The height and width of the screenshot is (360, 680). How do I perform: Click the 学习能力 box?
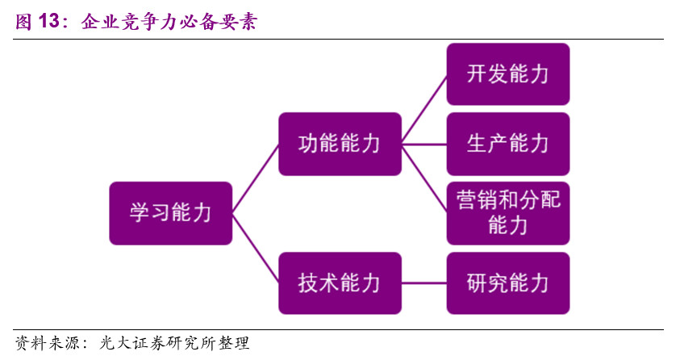[171, 213]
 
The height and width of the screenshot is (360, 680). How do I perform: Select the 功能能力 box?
[340, 144]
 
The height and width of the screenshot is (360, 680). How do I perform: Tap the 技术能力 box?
[340, 283]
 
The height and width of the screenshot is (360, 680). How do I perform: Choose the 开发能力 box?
[508, 74]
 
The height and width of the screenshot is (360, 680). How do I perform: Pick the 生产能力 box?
[508, 144]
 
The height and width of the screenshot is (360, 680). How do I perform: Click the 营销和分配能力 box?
[508, 213]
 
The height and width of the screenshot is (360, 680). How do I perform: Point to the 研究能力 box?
[508, 283]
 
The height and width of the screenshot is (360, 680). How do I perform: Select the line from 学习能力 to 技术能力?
[255, 249]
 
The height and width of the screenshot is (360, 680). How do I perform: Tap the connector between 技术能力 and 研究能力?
[423, 283]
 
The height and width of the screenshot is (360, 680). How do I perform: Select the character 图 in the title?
[24, 22]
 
